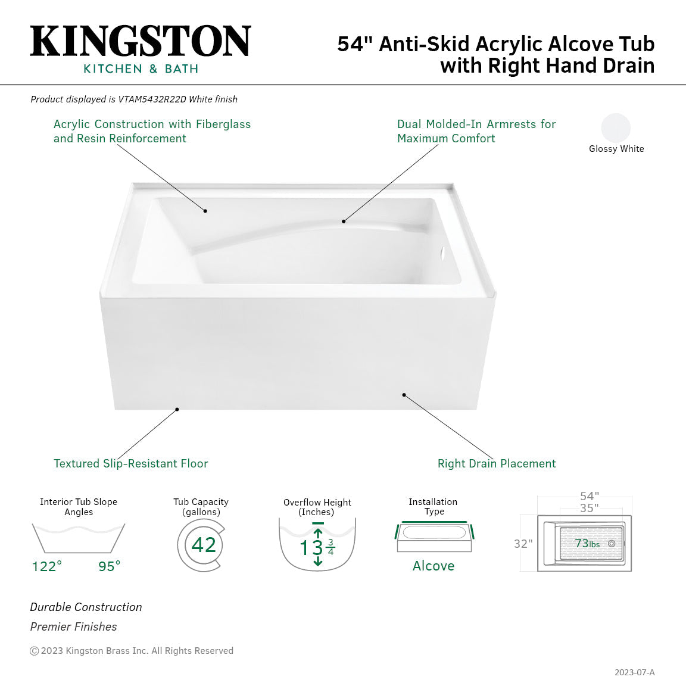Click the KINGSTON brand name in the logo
tap(141, 42)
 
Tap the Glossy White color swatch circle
tap(616, 127)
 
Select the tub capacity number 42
tap(204, 545)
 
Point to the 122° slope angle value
tap(46, 566)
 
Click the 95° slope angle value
tap(110, 566)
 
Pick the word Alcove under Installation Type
tap(434, 566)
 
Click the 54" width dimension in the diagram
tap(590, 496)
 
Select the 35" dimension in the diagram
tap(590, 508)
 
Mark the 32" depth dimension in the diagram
tap(523, 544)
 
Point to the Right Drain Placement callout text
tap(497, 464)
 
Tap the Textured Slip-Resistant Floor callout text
tap(131, 464)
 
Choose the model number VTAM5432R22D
tap(152, 99)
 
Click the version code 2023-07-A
tap(634, 672)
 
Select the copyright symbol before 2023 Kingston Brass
tap(35, 651)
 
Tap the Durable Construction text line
tap(86, 607)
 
